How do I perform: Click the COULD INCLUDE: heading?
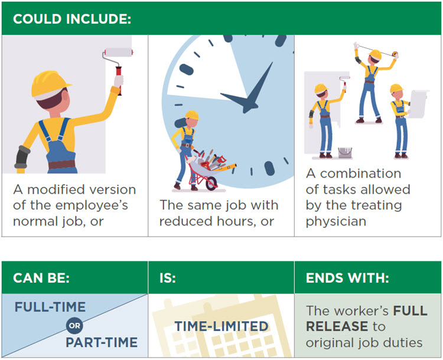[x=72, y=19]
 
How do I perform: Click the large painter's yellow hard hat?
[x=50, y=85]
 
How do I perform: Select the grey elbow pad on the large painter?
[x=22, y=157]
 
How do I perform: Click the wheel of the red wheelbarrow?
[x=211, y=183]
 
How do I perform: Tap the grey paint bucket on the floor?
[x=345, y=152]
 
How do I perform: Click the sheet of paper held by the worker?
[x=418, y=104]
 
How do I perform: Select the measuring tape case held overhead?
[x=395, y=54]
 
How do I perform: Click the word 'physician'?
[x=336, y=221]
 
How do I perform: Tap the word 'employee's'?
[x=92, y=205]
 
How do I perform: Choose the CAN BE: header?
[x=41, y=278]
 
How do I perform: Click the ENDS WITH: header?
[x=347, y=278]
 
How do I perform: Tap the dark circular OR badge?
[x=74, y=326]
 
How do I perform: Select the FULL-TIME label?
[x=50, y=307]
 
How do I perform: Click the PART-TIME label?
[x=102, y=342]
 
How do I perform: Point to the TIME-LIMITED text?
[x=221, y=326]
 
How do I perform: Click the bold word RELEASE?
[x=337, y=326]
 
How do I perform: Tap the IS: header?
[x=168, y=278]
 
